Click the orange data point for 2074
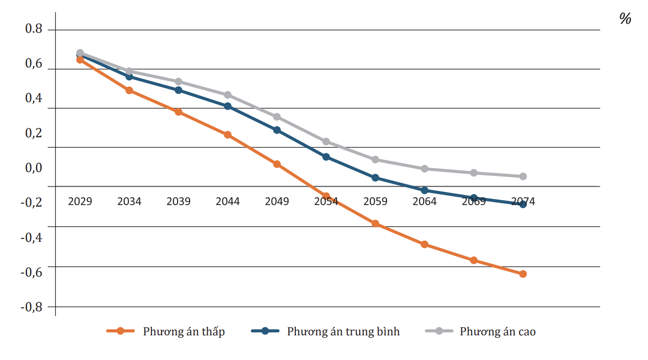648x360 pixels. click(523, 274)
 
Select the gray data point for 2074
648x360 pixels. click(523, 176)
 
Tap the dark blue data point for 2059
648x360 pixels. click(375, 178)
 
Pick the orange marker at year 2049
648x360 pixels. click(277, 164)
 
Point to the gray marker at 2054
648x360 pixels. click(326, 141)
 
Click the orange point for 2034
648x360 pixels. click(129, 91)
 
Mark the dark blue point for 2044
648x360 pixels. click(228, 106)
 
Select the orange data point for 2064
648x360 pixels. click(425, 244)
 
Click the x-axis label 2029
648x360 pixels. click(80, 201)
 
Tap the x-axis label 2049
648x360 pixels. click(277, 201)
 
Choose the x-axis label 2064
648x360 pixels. click(425, 201)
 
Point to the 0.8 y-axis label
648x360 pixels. click(34, 28)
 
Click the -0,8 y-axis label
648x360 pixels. click(32, 307)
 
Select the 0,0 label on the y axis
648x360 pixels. click(34, 168)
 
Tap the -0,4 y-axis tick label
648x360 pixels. click(32, 237)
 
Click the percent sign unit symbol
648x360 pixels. click(625, 19)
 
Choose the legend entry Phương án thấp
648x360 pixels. click(184, 332)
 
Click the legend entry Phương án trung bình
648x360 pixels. click(344, 332)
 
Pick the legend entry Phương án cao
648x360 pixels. click(498, 332)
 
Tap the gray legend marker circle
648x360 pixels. click(439, 331)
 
